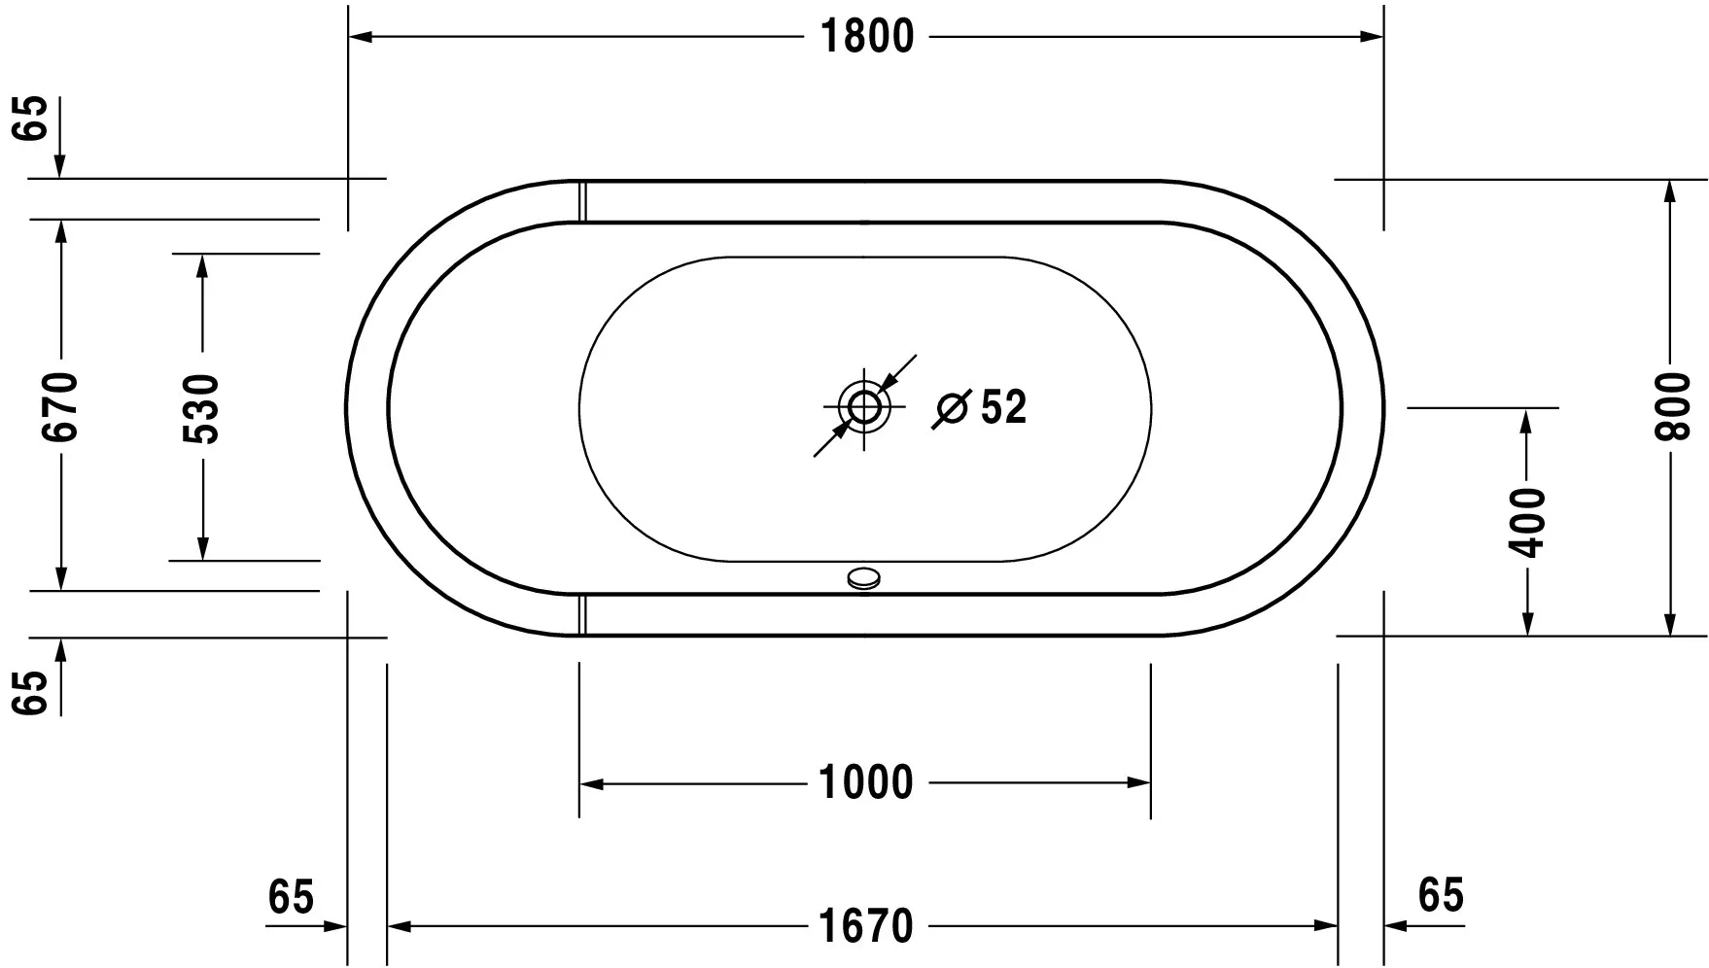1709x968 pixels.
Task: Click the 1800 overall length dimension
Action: click(x=867, y=37)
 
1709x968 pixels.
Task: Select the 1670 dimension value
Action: click(x=866, y=926)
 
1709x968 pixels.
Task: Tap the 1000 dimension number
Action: click(x=866, y=782)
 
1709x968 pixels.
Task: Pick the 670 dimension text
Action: click(x=61, y=406)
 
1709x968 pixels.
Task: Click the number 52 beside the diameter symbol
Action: click(x=1003, y=407)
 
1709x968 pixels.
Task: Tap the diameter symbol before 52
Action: click(x=951, y=408)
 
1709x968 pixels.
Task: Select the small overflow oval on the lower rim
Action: click(x=864, y=579)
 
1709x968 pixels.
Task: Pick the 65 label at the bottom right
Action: click(x=1440, y=895)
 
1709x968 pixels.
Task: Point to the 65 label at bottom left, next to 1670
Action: click(x=292, y=896)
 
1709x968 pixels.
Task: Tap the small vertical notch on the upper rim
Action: click(x=582, y=200)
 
